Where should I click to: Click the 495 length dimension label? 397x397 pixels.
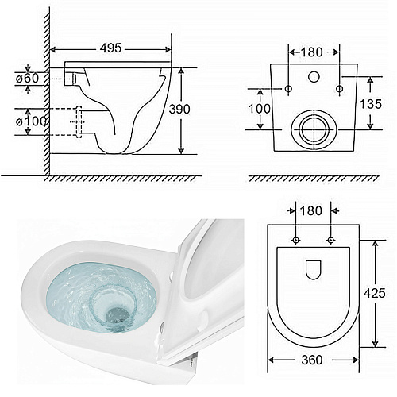pos(110,48)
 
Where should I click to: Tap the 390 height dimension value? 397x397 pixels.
pos(179,109)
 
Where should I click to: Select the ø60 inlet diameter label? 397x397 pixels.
pos(27,79)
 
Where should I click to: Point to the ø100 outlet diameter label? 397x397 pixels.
pos(31,121)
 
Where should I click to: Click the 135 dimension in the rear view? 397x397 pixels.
pos(371,104)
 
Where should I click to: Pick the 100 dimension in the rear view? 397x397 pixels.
pos(260,109)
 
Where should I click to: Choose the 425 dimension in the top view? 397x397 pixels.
pos(375,293)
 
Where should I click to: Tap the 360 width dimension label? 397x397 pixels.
pos(312,360)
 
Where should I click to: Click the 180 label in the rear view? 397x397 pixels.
pos(312,52)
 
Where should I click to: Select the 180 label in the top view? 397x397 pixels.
pos(310,210)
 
